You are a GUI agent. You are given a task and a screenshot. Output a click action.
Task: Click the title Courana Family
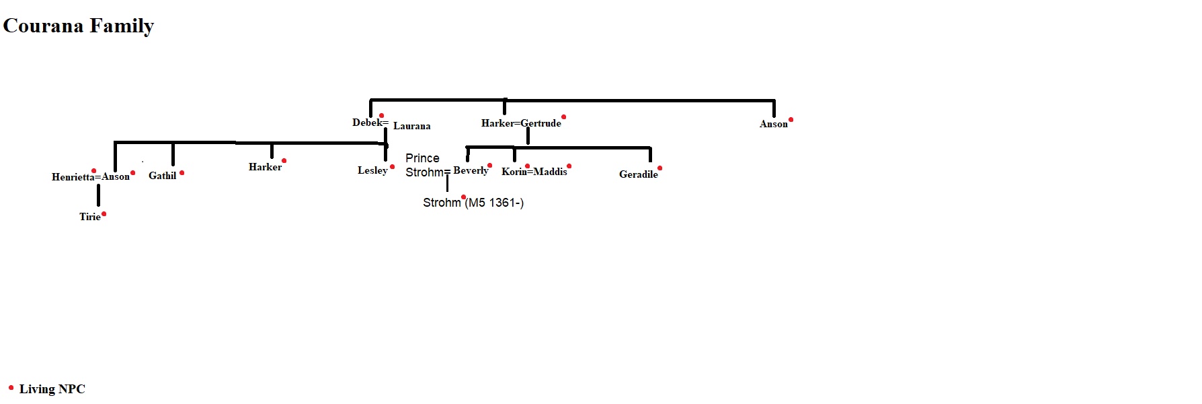pos(79,26)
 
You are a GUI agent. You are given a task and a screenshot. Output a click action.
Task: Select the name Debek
pos(366,123)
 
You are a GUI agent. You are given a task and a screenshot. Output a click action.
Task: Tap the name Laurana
pos(411,126)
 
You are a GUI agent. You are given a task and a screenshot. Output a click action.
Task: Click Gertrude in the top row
pos(540,123)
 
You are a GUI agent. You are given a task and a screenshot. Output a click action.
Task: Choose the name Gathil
pos(162,176)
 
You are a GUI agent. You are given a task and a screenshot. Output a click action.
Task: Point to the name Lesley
pos(372,170)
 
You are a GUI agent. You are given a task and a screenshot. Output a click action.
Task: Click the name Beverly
pos(471,170)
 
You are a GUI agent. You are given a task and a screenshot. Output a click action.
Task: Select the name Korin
pos(514,172)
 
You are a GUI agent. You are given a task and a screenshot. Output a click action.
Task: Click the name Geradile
pos(638,174)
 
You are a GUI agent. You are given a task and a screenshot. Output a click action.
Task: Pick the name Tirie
pos(89,217)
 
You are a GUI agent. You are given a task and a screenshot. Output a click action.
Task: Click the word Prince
pos(422,158)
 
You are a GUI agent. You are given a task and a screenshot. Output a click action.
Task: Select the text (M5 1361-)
pos(494,203)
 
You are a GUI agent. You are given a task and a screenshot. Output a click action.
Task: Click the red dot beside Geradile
pos(659,168)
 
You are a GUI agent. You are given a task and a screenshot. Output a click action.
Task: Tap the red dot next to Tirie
pos(104,214)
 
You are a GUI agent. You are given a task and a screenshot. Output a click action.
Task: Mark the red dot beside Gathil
pos(182,173)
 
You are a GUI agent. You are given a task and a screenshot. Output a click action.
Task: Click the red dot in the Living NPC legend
pos(11,387)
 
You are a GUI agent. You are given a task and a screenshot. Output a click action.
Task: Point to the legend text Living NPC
pos(52,389)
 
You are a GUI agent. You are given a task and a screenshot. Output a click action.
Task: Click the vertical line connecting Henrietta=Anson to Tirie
pos(98,195)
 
